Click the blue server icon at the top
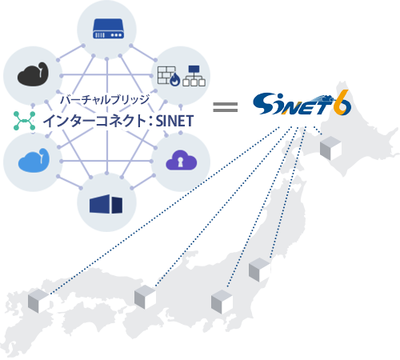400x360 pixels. (107, 30)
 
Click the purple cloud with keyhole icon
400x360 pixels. (181, 161)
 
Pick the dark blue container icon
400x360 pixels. (107, 204)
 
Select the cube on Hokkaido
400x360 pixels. (330, 147)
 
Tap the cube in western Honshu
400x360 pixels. (144, 297)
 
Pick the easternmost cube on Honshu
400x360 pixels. (258, 270)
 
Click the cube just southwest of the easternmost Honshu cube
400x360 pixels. (221, 302)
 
